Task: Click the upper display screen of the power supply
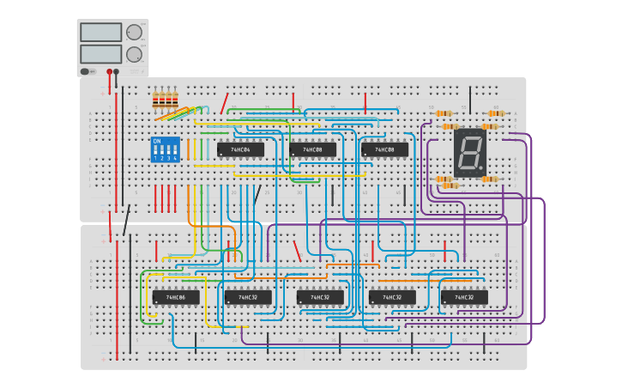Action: click(x=100, y=32)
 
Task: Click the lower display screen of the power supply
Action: click(x=100, y=53)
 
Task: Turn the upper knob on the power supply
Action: click(x=134, y=33)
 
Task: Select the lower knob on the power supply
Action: click(x=134, y=54)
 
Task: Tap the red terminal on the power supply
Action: click(x=109, y=72)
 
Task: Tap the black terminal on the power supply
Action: click(x=117, y=72)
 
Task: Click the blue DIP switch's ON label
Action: click(x=156, y=141)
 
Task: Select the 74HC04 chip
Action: click(x=240, y=149)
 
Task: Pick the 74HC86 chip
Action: click(x=176, y=297)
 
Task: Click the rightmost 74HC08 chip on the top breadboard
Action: click(x=384, y=149)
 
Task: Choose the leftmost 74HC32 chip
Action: click(x=248, y=297)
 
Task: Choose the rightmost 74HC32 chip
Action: click(x=464, y=297)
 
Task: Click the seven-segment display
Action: click(x=470, y=153)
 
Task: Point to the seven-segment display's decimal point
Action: click(x=481, y=169)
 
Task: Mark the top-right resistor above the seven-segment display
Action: click(x=495, y=113)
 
